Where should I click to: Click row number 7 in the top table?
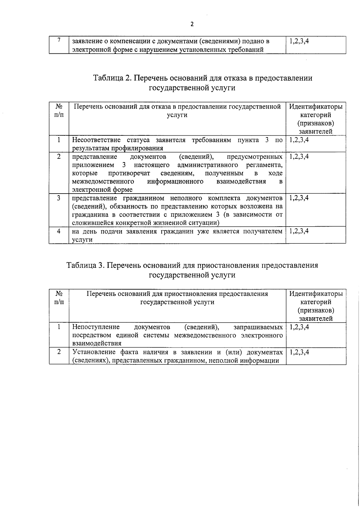click(x=59, y=40)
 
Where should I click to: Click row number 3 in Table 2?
click(x=59, y=198)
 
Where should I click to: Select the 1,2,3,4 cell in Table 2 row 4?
click(x=299, y=231)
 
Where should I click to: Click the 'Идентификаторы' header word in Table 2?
click(x=316, y=107)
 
